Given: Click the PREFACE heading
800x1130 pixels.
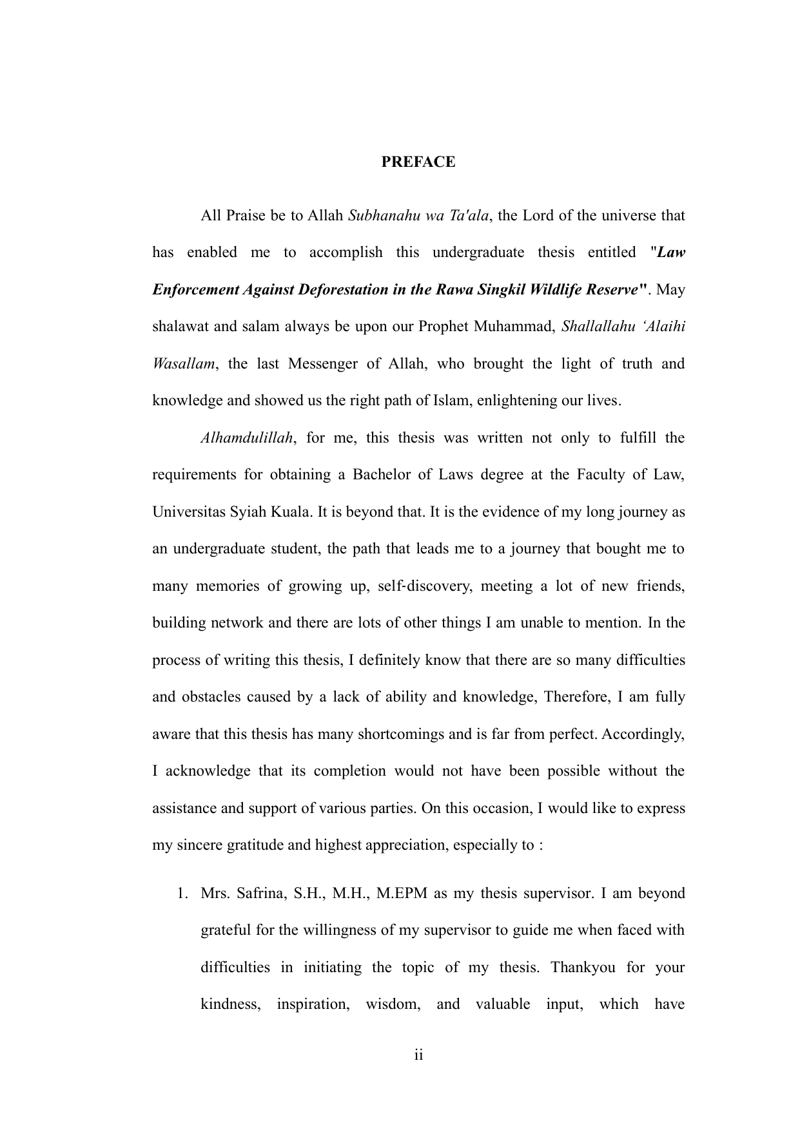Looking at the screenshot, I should tap(418, 162).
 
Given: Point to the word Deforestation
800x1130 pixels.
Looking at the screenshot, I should tap(342, 289).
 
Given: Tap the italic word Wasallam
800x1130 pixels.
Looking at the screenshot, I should tap(182, 363).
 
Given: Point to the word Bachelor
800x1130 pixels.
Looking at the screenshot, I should tap(379, 475).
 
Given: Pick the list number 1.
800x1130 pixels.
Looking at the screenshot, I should tap(182, 894).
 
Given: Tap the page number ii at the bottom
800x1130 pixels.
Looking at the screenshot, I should tap(418, 1055).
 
